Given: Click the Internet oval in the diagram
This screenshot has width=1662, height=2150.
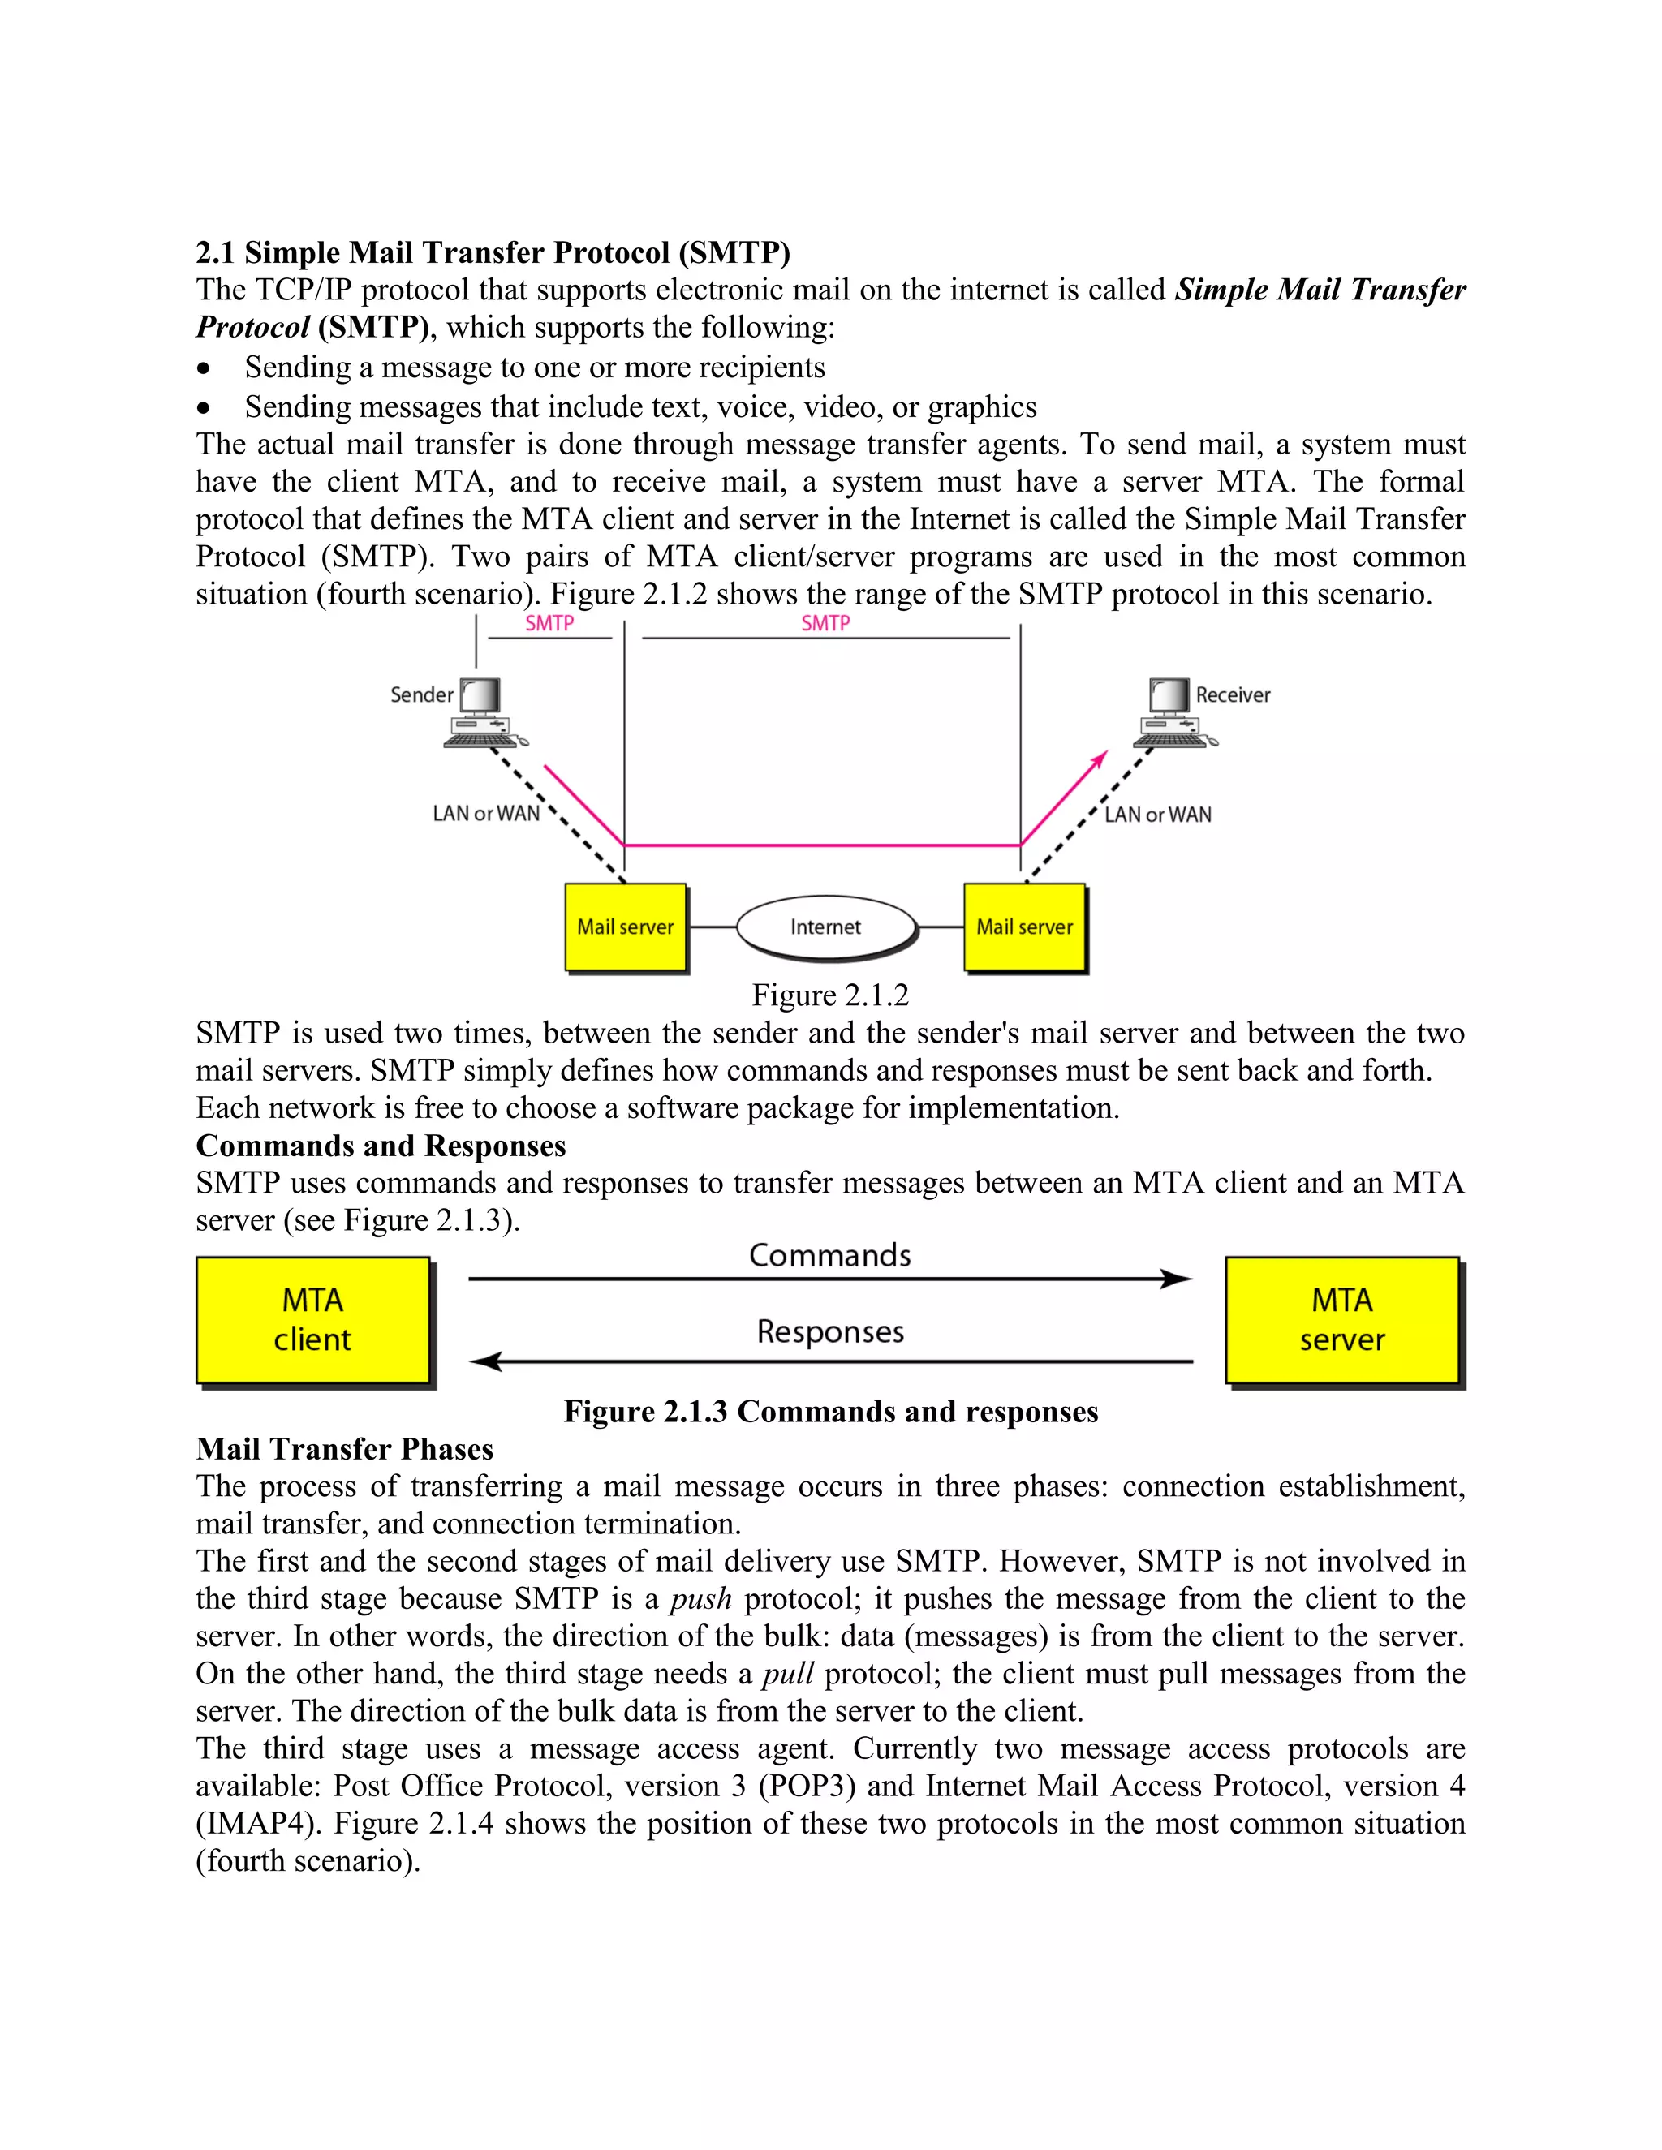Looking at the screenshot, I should [x=825, y=927].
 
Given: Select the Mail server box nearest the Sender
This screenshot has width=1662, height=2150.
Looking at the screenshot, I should [x=625, y=927].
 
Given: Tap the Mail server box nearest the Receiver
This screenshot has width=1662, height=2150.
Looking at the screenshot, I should [x=1025, y=927].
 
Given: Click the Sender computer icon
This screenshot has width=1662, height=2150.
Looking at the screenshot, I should [x=483, y=712].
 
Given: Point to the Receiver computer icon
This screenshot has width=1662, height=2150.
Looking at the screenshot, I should [x=1173, y=712].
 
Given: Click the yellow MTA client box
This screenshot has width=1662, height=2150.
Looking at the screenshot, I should [x=313, y=1320].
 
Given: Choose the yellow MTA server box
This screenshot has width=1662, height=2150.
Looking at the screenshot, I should [x=1342, y=1320].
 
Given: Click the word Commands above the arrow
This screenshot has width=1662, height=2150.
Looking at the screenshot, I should [x=830, y=1255].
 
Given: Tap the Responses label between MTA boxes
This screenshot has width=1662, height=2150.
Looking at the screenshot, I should [x=830, y=1332].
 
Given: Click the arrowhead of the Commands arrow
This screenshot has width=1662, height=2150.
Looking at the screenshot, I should [x=1178, y=1279].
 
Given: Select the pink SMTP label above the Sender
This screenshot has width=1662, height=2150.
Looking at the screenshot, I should [x=549, y=623].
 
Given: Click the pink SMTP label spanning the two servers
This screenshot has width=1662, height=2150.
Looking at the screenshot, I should [x=825, y=623].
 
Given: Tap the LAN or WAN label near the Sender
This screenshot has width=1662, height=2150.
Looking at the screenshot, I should [x=486, y=813].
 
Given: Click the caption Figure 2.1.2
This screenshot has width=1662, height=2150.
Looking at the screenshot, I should [x=830, y=995].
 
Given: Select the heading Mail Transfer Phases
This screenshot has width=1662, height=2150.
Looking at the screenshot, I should [x=345, y=1449].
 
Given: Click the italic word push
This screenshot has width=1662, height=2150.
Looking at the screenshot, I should [x=701, y=1599].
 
